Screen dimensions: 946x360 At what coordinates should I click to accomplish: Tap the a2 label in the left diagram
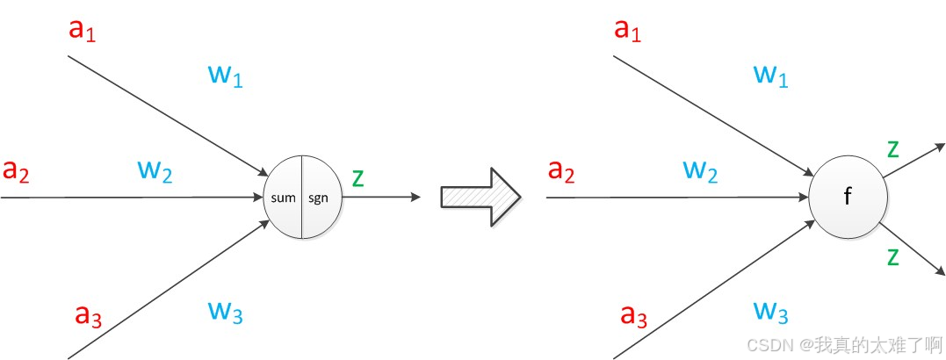pyautogui.click(x=17, y=171)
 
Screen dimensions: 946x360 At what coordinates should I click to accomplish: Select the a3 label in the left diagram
pyautogui.click(x=89, y=313)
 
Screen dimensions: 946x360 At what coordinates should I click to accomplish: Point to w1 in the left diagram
pyautogui.click(x=225, y=76)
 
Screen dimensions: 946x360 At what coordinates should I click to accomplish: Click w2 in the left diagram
pyautogui.click(x=155, y=170)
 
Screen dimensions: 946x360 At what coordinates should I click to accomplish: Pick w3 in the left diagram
pyautogui.click(x=225, y=311)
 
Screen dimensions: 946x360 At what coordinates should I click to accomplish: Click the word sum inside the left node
pyautogui.click(x=284, y=198)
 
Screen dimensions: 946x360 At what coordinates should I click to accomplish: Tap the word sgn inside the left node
pyautogui.click(x=317, y=198)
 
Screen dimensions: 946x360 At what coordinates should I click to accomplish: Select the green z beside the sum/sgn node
pyautogui.click(x=357, y=177)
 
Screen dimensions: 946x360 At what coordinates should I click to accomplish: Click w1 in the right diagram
pyautogui.click(x=770, y=76)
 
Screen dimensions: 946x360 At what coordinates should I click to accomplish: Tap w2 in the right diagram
pyautogui.click(x=700, y=170)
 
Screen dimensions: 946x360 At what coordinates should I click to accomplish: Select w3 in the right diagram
pyautogui.click(x=770, y=311)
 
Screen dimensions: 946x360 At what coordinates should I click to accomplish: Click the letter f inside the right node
pyautogui.click(x=847, y=198)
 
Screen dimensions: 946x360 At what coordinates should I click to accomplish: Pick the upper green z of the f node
pyautogui.click(x=892, y=148)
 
